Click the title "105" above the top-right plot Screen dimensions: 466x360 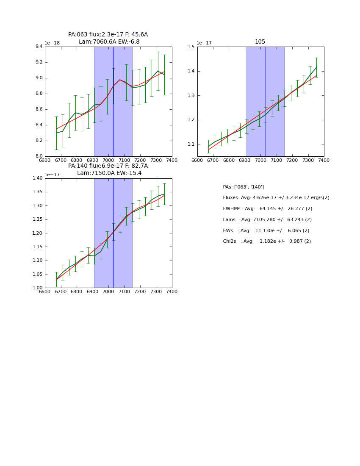click(260, 42)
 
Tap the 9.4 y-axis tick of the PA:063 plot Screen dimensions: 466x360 click(38, 47)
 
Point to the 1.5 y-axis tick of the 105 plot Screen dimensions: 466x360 click(191, 47)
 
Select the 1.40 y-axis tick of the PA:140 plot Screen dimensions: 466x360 click(37, 178)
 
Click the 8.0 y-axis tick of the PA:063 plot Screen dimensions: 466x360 click(38, 156)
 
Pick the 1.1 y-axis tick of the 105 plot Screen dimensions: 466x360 click(191, 144)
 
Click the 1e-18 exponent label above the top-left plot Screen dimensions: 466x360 click(53, 43)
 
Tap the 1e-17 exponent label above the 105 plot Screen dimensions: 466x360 click(204, 43)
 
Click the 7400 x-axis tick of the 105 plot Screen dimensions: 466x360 click(324, 160)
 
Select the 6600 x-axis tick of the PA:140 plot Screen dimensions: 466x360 click(45, 291)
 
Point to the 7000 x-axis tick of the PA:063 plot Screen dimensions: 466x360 click(108, 160)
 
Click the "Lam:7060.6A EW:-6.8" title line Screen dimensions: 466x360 click(109, 42)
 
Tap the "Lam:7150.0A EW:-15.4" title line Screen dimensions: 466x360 click(109, 173)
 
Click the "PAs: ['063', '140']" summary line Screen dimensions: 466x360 click(244, 187)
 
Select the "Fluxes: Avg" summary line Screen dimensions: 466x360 click(276, 198)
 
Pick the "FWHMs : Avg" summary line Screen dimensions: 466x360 click(268, 209)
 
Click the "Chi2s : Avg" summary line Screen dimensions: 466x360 click(267, 241)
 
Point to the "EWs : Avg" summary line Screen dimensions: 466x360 click(266, 231)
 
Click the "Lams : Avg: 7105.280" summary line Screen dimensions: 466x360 click(267, 220)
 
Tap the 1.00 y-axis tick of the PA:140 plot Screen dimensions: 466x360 click(37, 288)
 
